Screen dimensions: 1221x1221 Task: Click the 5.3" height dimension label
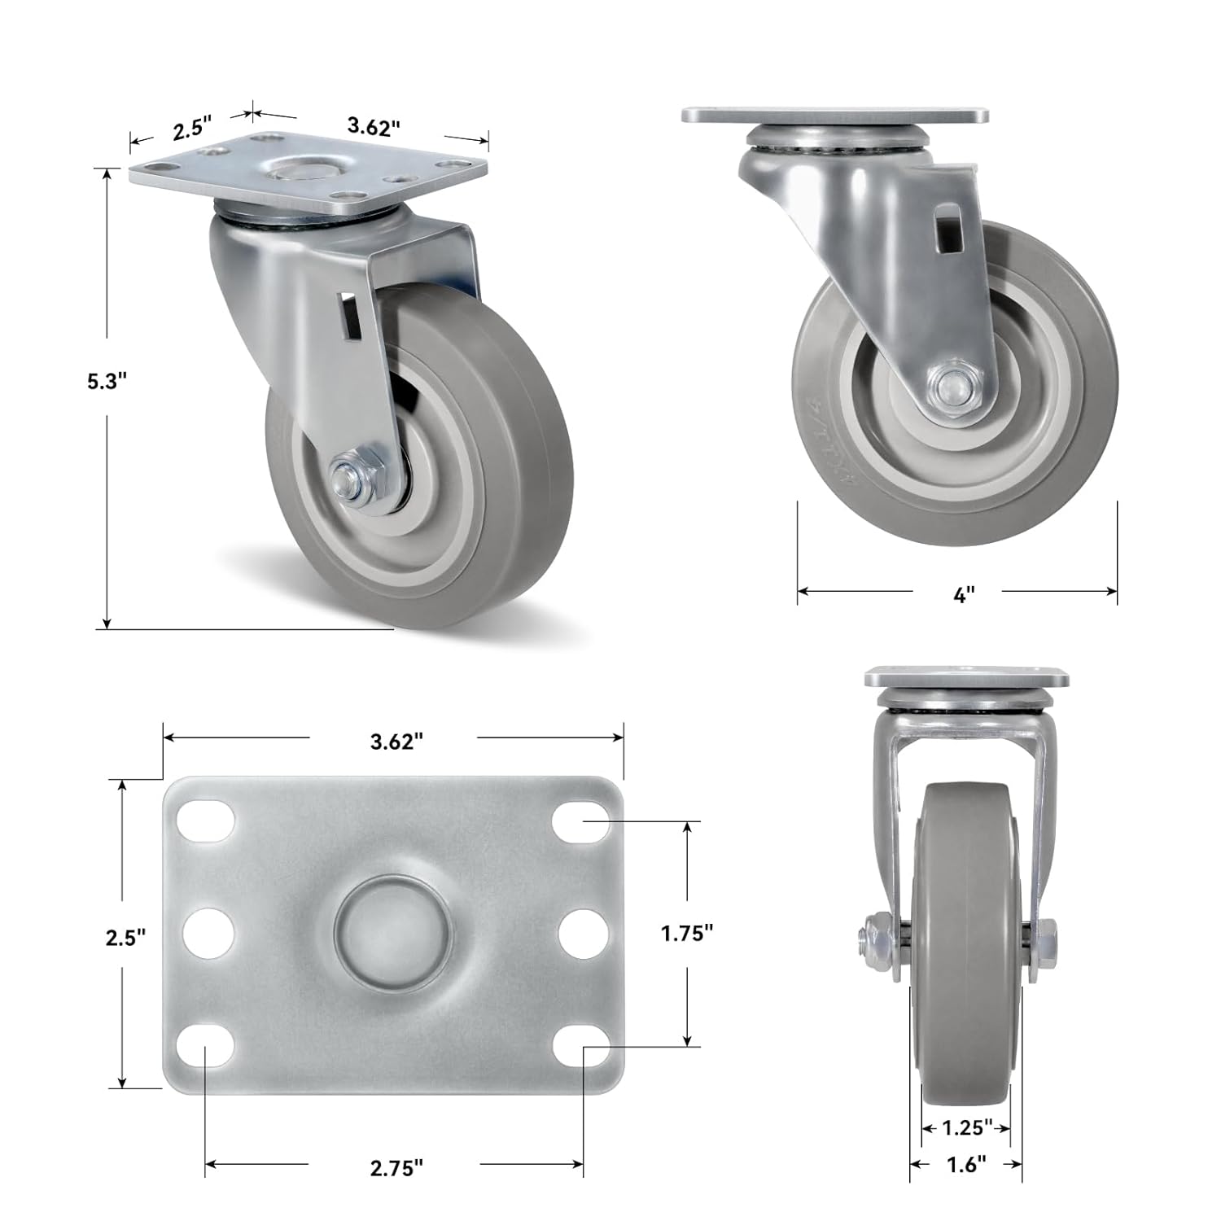(x=107, y=381)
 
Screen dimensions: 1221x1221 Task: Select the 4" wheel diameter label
(x=964, y=595)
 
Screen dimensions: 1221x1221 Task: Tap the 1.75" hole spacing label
(x=687, y=934)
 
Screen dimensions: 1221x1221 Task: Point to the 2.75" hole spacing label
(x=396, y=1168)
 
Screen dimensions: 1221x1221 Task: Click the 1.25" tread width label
(x=966, y=1127)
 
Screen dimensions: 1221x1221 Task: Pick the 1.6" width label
(x=966, y=1165)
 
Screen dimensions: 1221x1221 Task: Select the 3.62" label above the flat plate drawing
(x=396, y=742)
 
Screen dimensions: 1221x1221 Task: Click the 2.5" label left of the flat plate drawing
(x=125, y=937)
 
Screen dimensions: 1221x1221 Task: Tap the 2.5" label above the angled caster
(x=192, y=129)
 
